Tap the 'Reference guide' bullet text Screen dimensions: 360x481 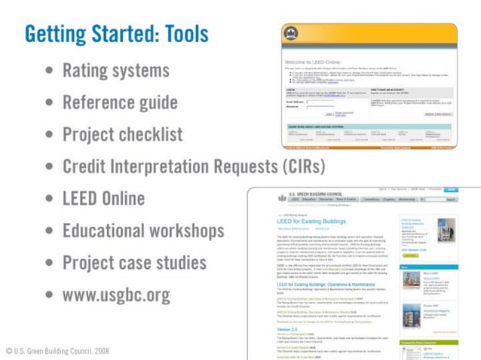tap(120, 102)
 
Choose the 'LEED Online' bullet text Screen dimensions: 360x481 tap(103, 198)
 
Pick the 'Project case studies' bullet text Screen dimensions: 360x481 tap(134, 262)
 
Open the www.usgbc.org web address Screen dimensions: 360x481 tap(116, 294)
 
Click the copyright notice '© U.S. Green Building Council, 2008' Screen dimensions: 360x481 tap(57, 351)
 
